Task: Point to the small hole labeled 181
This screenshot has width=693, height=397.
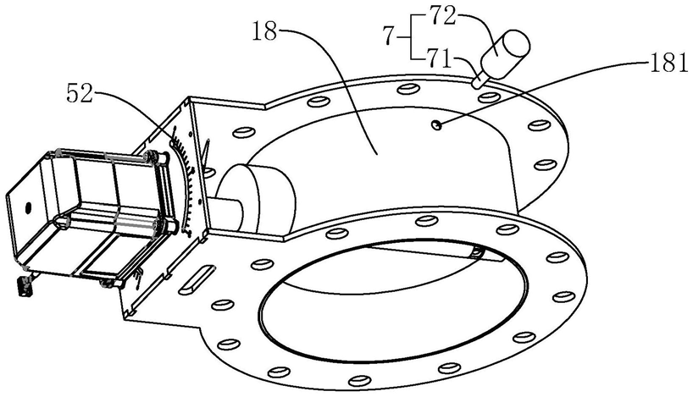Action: (435, 125)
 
